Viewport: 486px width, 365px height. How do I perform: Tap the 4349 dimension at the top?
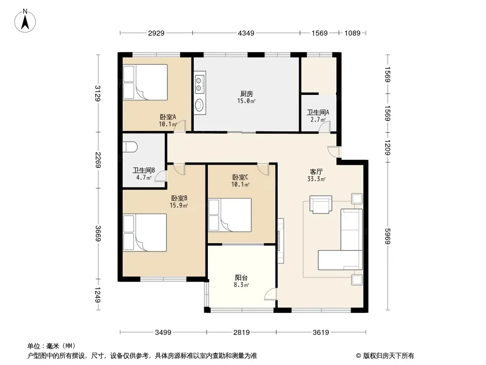(246, 33)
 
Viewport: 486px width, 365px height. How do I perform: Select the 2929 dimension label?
(156, 33)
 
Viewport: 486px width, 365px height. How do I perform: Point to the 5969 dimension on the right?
(388, 236)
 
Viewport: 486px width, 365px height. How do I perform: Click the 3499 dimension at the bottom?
(163, 333)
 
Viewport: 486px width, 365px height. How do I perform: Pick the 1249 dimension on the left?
(97, 295)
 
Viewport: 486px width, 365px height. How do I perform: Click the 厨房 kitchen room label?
(246, 94)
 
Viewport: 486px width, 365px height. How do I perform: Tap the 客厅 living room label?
(316, 172)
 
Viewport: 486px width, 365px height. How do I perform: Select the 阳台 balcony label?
(241, 277)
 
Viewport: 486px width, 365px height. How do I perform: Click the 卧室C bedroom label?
(240, 177)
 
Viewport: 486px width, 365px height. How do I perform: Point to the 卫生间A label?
(318, 112)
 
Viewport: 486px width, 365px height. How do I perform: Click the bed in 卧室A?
(145, 82)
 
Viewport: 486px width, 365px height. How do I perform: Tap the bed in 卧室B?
(145, 232)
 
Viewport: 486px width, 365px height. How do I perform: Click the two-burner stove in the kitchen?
(200, 82)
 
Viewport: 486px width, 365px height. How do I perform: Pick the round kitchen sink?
(200, 104)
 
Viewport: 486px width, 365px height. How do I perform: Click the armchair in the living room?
(321, 204)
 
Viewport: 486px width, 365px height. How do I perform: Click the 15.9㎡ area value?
(179, 205)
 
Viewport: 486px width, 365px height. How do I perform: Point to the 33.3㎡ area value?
(316, 179)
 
